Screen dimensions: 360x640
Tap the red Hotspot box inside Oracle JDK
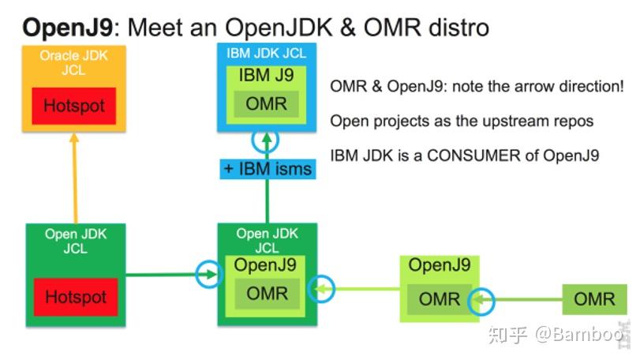tap(73, 106)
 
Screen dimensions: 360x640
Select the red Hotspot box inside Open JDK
tap(75, 298)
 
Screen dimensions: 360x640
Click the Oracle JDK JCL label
tap(73, 63)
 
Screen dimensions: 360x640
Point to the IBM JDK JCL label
tap(267, 54)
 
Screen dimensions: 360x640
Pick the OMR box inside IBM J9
tap(267, 103)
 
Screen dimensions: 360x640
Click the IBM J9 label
tap(267, 77)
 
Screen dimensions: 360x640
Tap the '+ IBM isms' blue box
tap(268, 168)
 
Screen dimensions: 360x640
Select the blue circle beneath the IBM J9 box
tap(267, 141)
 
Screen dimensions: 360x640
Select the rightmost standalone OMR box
tap(594, 299)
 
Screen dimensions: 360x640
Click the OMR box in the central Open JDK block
tap(267, 294)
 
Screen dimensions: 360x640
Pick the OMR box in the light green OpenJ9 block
tap(439, 300)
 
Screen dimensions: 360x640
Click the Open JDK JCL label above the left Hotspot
tap(75, 242)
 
